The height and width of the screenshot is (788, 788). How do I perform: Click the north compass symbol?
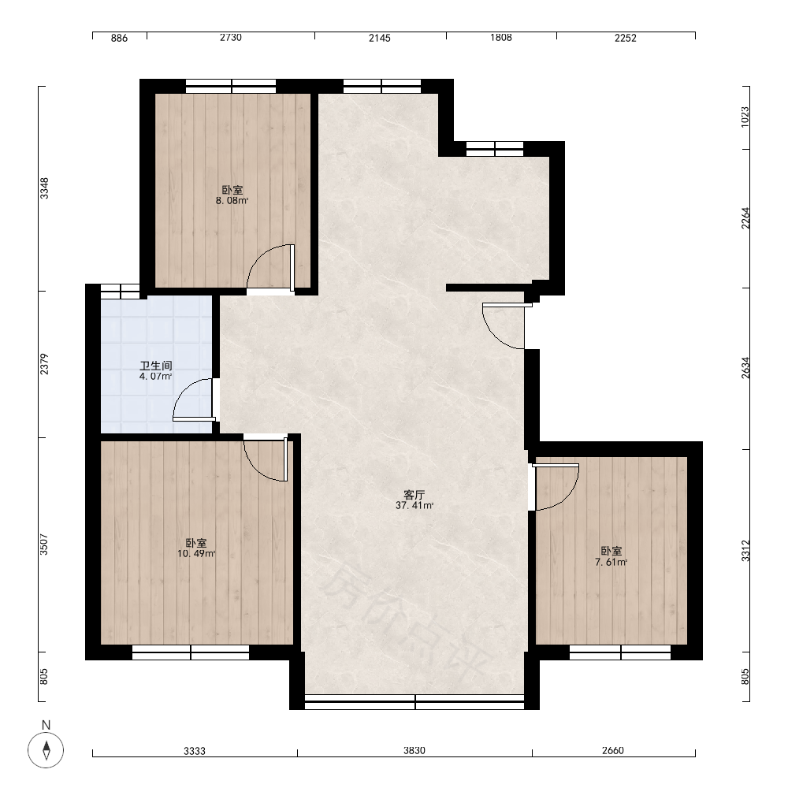point(46,749)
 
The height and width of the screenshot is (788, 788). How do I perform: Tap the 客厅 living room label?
point(414,495)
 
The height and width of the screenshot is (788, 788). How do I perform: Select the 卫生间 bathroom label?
point(156,366)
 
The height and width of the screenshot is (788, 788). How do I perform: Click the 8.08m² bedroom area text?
point(232,201)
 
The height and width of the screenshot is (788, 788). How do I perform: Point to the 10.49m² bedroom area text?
point(196,554)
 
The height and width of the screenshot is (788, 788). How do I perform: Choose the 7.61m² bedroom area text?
point(611,563)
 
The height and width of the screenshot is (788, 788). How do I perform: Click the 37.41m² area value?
point(414,506)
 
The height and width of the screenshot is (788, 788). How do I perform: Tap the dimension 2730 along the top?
point(231,38)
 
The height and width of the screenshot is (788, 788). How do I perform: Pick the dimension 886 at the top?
point(119,38)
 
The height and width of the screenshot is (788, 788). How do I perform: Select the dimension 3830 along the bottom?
point(414,751)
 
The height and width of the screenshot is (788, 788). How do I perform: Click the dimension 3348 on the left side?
point(44,188)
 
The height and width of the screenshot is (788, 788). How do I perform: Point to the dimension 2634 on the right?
point(745,368)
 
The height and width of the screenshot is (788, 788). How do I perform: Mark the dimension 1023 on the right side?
point(745,117)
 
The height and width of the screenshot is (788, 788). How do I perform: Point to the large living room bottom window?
point(414,701)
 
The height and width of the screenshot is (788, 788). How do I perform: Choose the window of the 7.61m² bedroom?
point(620,652)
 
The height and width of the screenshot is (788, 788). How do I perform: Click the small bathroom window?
point(120,292)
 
